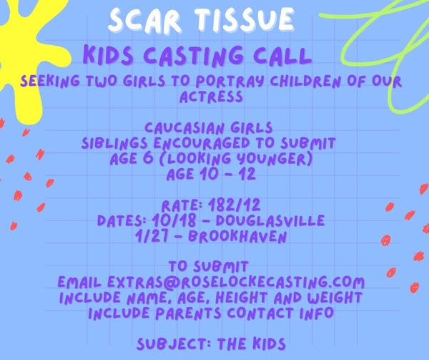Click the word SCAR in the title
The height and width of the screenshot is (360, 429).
tap(144, 20)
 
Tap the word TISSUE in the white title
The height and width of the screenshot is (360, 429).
tap(245, 19)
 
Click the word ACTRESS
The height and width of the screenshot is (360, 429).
tap(211, 97)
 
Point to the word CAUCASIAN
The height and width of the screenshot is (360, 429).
tap(184, 128)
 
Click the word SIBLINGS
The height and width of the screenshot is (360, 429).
tap(115, 143)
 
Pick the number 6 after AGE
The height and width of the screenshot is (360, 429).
tap(148, 158)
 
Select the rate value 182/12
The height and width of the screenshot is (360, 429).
tap(234, 205)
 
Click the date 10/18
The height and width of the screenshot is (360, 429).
tap(174, 220)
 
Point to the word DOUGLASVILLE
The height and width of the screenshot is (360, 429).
tap(270, 220)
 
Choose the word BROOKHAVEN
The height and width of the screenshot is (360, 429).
tap(237, 236)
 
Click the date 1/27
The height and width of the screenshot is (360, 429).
tap(152, 236)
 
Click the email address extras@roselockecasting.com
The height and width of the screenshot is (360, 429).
tap(236, 282)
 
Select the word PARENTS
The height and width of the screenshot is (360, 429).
tap(188, 313)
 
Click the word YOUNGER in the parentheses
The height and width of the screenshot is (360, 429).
tap(274, 159)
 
